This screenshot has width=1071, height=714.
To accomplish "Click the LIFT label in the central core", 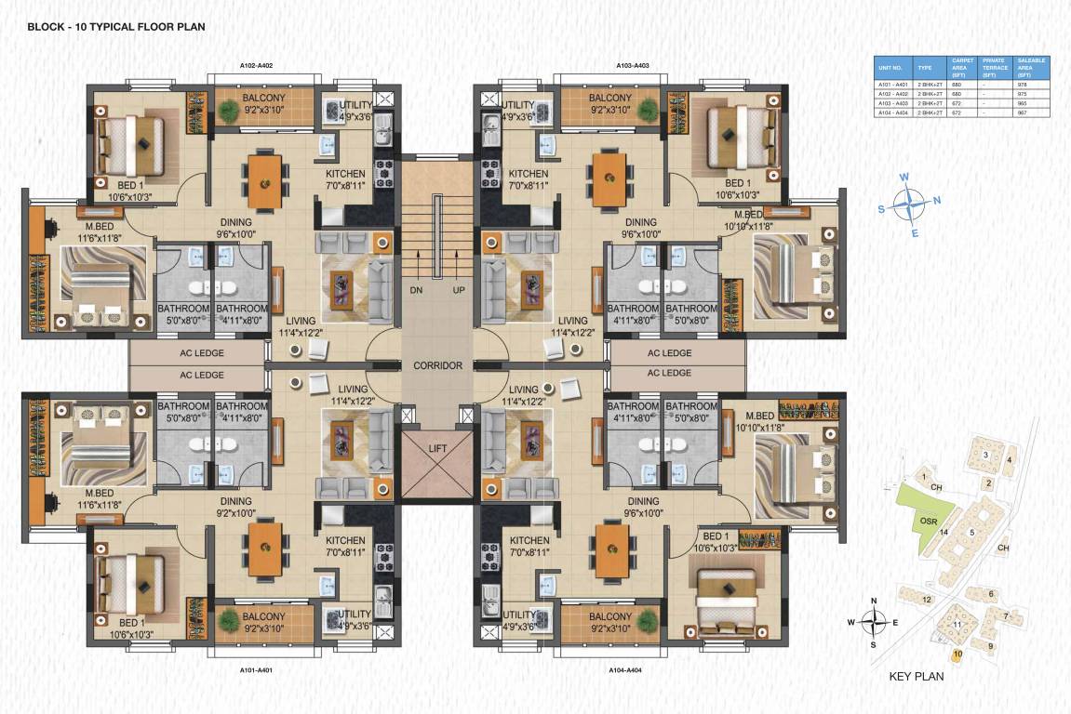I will (436, 448).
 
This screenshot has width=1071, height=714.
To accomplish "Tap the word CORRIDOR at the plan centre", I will (437, 365).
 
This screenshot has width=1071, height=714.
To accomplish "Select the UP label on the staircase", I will (458, 290).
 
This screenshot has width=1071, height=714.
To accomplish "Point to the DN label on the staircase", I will (416, 290).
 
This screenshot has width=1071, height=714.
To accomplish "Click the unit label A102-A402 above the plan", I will (256, 67).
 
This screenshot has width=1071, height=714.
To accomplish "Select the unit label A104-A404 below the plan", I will (624, 669).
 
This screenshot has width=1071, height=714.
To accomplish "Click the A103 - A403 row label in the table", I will (891, 103).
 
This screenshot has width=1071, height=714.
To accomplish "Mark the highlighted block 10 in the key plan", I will (957, 654).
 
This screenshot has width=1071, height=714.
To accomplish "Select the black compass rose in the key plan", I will (873, 622).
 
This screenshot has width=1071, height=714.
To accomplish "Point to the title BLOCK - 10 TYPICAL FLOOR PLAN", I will (116, 27).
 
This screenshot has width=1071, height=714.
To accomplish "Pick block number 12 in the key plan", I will (927, 600).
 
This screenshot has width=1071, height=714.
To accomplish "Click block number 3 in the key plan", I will (984, 455).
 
